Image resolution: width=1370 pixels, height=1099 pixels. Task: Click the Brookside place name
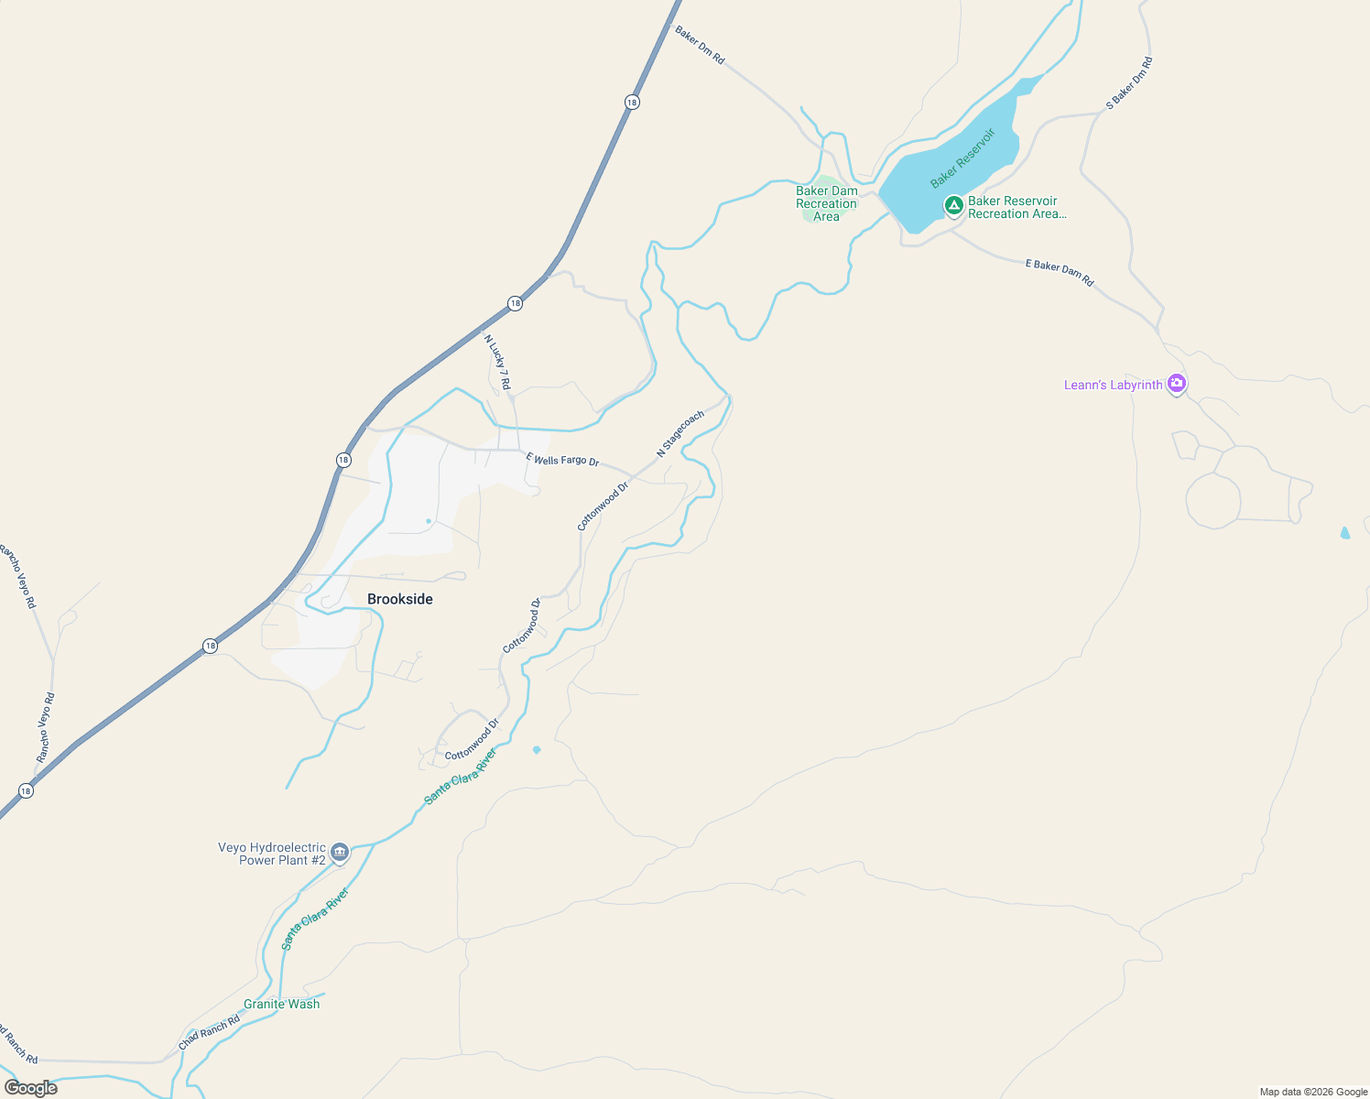click(x=400, y=599)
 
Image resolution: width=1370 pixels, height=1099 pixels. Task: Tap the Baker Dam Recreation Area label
click(x=826, y=204)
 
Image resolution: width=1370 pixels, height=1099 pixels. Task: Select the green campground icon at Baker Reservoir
click(x=953, y=204)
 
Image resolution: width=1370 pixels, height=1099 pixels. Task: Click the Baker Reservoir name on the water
click(x=962, y=158)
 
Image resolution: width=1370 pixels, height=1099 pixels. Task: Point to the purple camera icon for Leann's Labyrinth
click(x=1177, y=384)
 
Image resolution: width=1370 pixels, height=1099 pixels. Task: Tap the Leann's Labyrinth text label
click(x=1113, y=386)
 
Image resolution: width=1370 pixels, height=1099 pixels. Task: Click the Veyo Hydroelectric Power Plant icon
click(x=340, y=853)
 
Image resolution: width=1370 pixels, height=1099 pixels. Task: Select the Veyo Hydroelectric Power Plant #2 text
click(x=273, y=854)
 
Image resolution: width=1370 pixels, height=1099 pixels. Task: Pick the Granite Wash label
click(x=282, y=1004)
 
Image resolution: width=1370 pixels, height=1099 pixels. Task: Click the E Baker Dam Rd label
click(x=1060, y=272)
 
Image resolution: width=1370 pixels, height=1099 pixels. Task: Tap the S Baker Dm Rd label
click(x=1129, y=83)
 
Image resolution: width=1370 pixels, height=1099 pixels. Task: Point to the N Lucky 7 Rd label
click(x=497, y=361)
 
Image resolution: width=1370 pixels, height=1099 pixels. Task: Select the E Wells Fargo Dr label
click(x=562, y=459)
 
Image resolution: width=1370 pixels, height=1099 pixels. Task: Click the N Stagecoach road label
click(x=680, y=433)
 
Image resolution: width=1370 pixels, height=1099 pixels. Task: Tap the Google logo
click(x=31, y=1088)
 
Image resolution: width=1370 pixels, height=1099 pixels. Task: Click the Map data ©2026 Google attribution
click(x=1312, y=1092)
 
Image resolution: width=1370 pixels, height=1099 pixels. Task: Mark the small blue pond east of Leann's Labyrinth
click(x=1344, y=533)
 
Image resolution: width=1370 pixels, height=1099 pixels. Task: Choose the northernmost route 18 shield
click(x=632, y=103)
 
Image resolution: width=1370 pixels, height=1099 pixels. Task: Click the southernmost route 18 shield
click(x=26, y=790)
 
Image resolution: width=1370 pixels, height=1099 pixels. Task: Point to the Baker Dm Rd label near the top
click(x=700, y=45)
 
